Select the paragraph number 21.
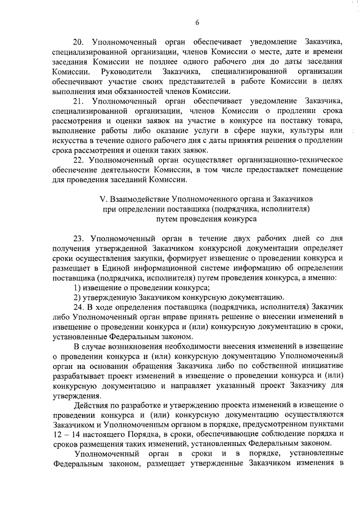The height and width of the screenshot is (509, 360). coord(78,101)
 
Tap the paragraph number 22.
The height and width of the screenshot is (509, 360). coord(78,160)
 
